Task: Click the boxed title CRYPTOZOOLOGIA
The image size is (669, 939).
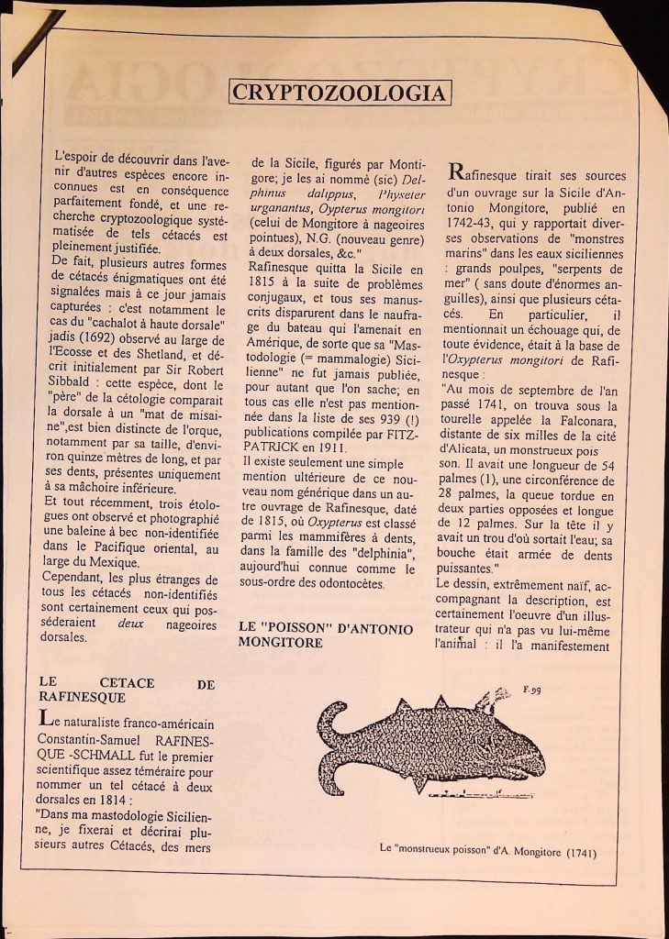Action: (x=340, y=93)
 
